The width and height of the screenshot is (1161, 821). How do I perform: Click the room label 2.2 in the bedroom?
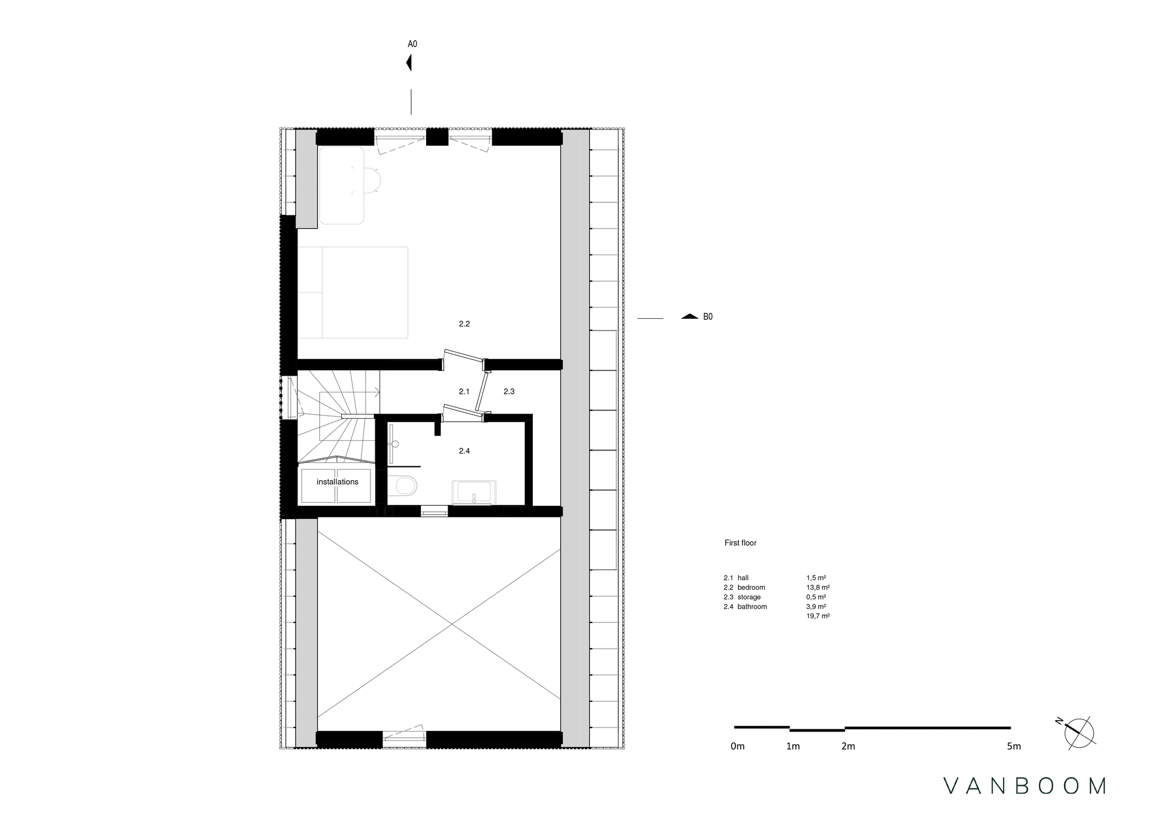[464, 324]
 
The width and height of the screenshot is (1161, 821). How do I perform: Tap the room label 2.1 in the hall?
[464, 392]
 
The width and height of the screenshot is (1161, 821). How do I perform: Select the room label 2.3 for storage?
[509, 392]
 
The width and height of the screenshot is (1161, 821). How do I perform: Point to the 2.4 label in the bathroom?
[464, 451]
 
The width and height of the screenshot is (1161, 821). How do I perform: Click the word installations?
[337, 482]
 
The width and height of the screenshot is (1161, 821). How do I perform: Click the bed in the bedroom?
[352, 292]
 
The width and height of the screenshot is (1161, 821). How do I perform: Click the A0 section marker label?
[412, 44]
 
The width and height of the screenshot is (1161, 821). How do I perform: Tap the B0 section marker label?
[708, 317]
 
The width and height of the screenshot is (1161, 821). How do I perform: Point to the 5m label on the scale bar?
[1014, 747]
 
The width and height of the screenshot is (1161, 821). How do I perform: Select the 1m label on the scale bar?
[793, 747]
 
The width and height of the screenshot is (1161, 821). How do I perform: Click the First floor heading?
[740, 543]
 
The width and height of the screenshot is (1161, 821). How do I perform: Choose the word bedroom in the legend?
[751, 588]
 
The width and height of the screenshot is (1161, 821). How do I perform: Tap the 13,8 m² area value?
[817, 588]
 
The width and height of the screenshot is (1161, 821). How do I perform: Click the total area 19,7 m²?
[817, 616]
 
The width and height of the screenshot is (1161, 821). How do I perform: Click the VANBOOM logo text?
[1025, 786]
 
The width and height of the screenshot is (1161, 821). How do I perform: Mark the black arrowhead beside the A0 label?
[409, 62]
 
